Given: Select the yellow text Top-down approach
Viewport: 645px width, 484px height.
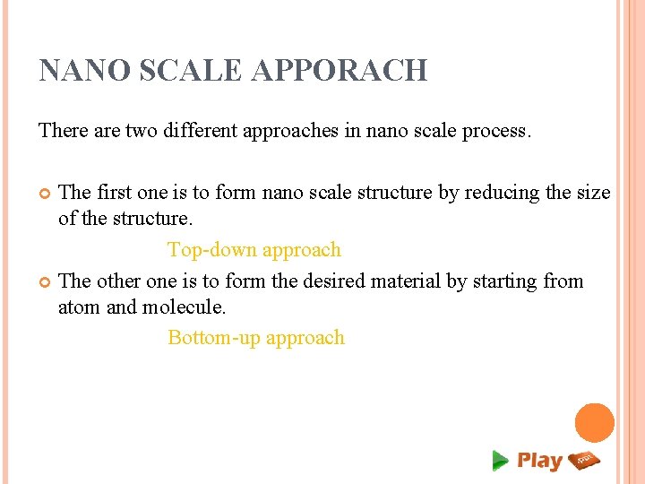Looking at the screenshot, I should click(x=254, y=250).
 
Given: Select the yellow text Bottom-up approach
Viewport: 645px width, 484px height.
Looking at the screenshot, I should click(x=256, y=338).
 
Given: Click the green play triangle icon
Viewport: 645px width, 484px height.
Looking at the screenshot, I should click(x=500, y=461).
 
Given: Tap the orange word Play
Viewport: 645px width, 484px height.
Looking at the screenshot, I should click(x=539, y=461).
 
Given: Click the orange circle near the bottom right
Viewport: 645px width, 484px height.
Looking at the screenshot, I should click(x=594, y=423).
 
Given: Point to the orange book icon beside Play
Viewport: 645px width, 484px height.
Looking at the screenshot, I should click(x=584, y=460).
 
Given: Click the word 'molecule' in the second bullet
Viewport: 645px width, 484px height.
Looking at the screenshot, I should click(x=183, y=307).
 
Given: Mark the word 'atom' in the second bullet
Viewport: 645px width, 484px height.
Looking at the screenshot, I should click(x=78, y=307).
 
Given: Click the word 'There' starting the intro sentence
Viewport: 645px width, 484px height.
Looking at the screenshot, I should click(x=62, y=131).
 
